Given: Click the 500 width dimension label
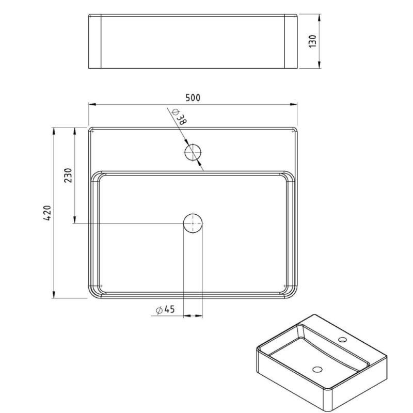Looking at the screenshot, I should click(193, 98).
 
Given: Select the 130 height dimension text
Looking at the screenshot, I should click(312, 41).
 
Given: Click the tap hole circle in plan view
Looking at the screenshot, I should click(193, 152).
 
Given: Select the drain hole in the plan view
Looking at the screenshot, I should click(193, 223).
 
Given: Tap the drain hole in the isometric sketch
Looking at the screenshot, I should click(317, 370).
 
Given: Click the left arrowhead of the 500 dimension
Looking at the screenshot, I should click(91, 105).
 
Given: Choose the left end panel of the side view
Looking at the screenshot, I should click(94, 42).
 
